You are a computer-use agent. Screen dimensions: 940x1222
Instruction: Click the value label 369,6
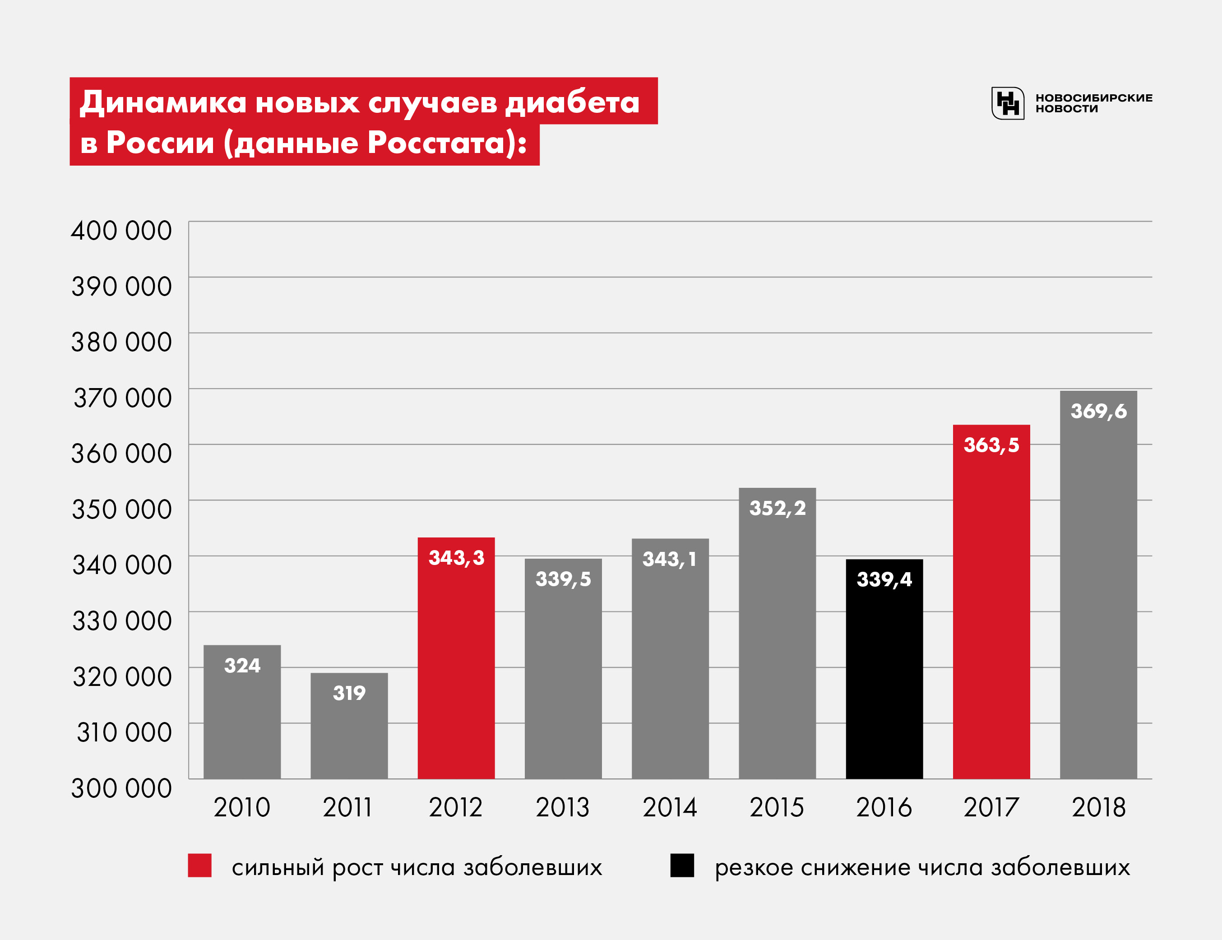coord(1098,411)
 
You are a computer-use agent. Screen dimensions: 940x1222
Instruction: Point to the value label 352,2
coord(777,508)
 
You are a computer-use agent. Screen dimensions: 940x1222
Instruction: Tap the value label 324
coord(242,665)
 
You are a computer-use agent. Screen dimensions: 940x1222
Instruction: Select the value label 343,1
coord(670,559)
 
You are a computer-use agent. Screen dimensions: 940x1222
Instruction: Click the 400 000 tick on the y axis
coord(121,231)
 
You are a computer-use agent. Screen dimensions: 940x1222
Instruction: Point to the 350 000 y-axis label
coord(121,509)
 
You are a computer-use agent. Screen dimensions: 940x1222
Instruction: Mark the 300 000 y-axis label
coord(121,788)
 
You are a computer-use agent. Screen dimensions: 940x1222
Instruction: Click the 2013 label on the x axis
coord(563,807)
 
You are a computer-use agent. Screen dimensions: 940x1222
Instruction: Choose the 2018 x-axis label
coord(1098,807)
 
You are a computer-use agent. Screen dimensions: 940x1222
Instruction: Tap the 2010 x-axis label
coord(242,807)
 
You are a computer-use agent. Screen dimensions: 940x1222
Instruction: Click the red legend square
coord(200,865)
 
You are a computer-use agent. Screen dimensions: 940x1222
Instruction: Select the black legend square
coord(682,865)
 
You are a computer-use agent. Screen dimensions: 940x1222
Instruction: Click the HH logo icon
coord(1008,103)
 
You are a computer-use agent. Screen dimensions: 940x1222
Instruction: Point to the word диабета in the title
coord(572,102)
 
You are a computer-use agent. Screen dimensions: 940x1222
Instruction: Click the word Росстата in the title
coord(436,143)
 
